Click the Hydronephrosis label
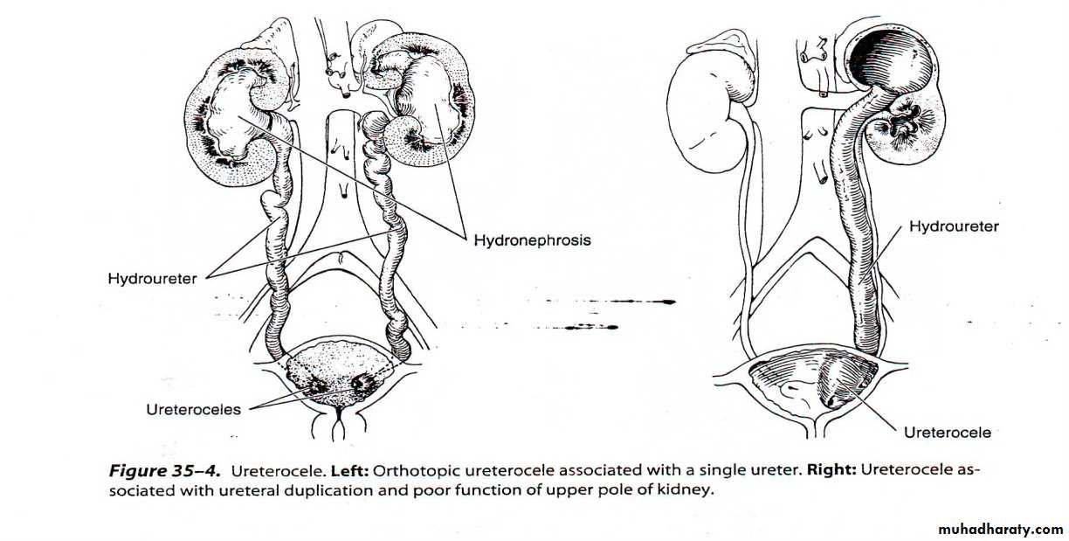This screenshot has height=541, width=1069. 532,240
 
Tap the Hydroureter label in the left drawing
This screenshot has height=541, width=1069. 152,279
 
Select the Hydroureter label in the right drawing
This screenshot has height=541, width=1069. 954,226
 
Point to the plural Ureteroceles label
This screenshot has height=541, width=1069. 193,410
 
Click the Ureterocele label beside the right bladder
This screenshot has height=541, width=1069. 948,433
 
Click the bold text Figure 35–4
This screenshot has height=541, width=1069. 165,471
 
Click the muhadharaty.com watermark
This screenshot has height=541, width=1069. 1001,529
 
